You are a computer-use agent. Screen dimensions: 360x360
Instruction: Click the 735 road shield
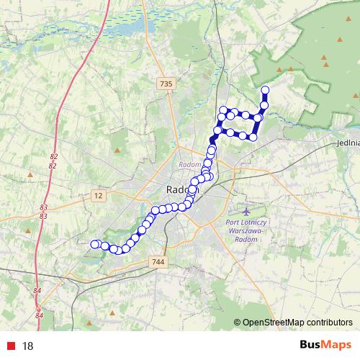[x=166, y=84]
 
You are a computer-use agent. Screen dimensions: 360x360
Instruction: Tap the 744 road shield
[x=158, y=264]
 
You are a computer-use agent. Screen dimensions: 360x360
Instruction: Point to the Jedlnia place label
[x=347, y=143]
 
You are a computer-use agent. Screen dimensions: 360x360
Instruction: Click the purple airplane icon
[x=246, y=212]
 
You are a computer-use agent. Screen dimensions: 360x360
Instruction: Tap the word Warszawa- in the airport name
[x=246, y=231]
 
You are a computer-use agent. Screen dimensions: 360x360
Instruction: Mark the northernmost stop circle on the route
[x=265, y=90]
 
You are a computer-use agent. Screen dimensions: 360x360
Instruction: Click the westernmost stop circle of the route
[x=94, y=244]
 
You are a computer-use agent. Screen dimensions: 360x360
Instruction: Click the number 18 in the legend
[x=28, y=346]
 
